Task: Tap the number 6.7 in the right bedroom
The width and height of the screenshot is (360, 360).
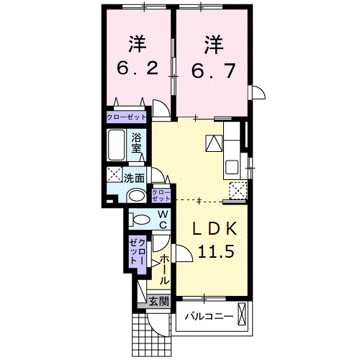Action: pyautogui.click(x=212, y=68)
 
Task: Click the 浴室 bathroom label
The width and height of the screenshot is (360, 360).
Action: pyautogui.click(x=137, y=143)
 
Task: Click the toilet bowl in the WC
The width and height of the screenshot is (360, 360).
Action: pyautogui.click(x=140, y=219)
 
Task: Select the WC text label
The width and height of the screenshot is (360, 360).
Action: pyautogui.click(x=163, y=219)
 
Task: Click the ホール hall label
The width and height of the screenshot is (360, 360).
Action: pyautogui.click(x=165, y=269)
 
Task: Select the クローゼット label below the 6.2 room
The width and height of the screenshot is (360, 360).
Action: pyautogui.click(x=127, y=117)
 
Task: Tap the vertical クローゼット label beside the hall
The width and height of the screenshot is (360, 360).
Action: pyautogui.click(x=138, y=253)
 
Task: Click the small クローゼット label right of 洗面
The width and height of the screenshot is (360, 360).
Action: pyautogui.click(x=161, y=194)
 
